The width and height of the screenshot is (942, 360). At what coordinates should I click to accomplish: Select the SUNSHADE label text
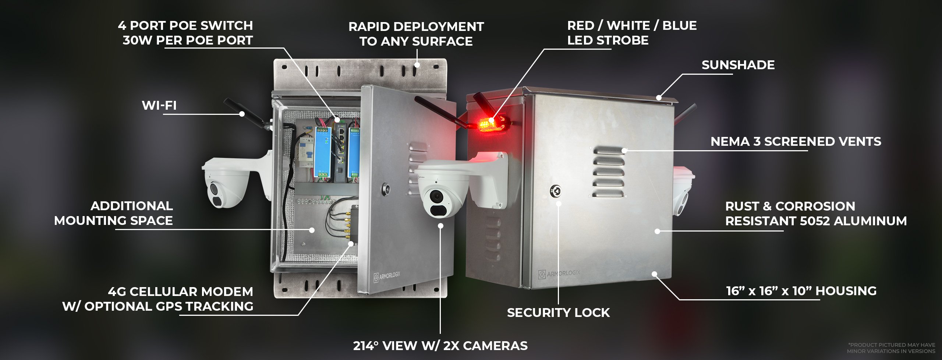pyautogui.click(x=738, y=65)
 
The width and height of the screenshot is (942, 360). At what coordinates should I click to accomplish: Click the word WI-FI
pyautogui.click(x=159, y=106)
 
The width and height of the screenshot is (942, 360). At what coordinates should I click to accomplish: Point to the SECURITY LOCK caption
pyautogui.click(x=558, y=313)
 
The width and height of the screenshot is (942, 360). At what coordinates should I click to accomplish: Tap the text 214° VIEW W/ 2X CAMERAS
pyautogui.click(x=440, y=346)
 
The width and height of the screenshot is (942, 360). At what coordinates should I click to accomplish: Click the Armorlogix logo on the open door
pyautogui.click(x=387, y=276)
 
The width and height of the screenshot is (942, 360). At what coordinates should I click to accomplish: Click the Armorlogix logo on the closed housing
pyautogui.click(x=559, y=273)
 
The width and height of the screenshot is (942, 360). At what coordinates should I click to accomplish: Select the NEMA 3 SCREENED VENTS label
pyautogui.click(x=796, y=142)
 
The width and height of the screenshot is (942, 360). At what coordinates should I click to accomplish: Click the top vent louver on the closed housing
pyautogui.click(x=609, y=150)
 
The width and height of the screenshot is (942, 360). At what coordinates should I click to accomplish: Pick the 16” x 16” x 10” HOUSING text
pyautogui.click(x=801, y=291)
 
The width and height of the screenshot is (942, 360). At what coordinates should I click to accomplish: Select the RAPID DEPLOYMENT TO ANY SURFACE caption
pyautogui.click(x=416, y=34)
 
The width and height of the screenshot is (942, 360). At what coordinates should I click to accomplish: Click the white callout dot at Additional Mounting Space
pyautogui.click(x=312, y=230)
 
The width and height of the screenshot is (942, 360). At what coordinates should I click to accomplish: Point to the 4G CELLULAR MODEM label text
pyautogui.click(x=180, y=292)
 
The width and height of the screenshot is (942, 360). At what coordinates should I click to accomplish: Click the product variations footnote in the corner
pyautogui.click(x=891, y=348)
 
